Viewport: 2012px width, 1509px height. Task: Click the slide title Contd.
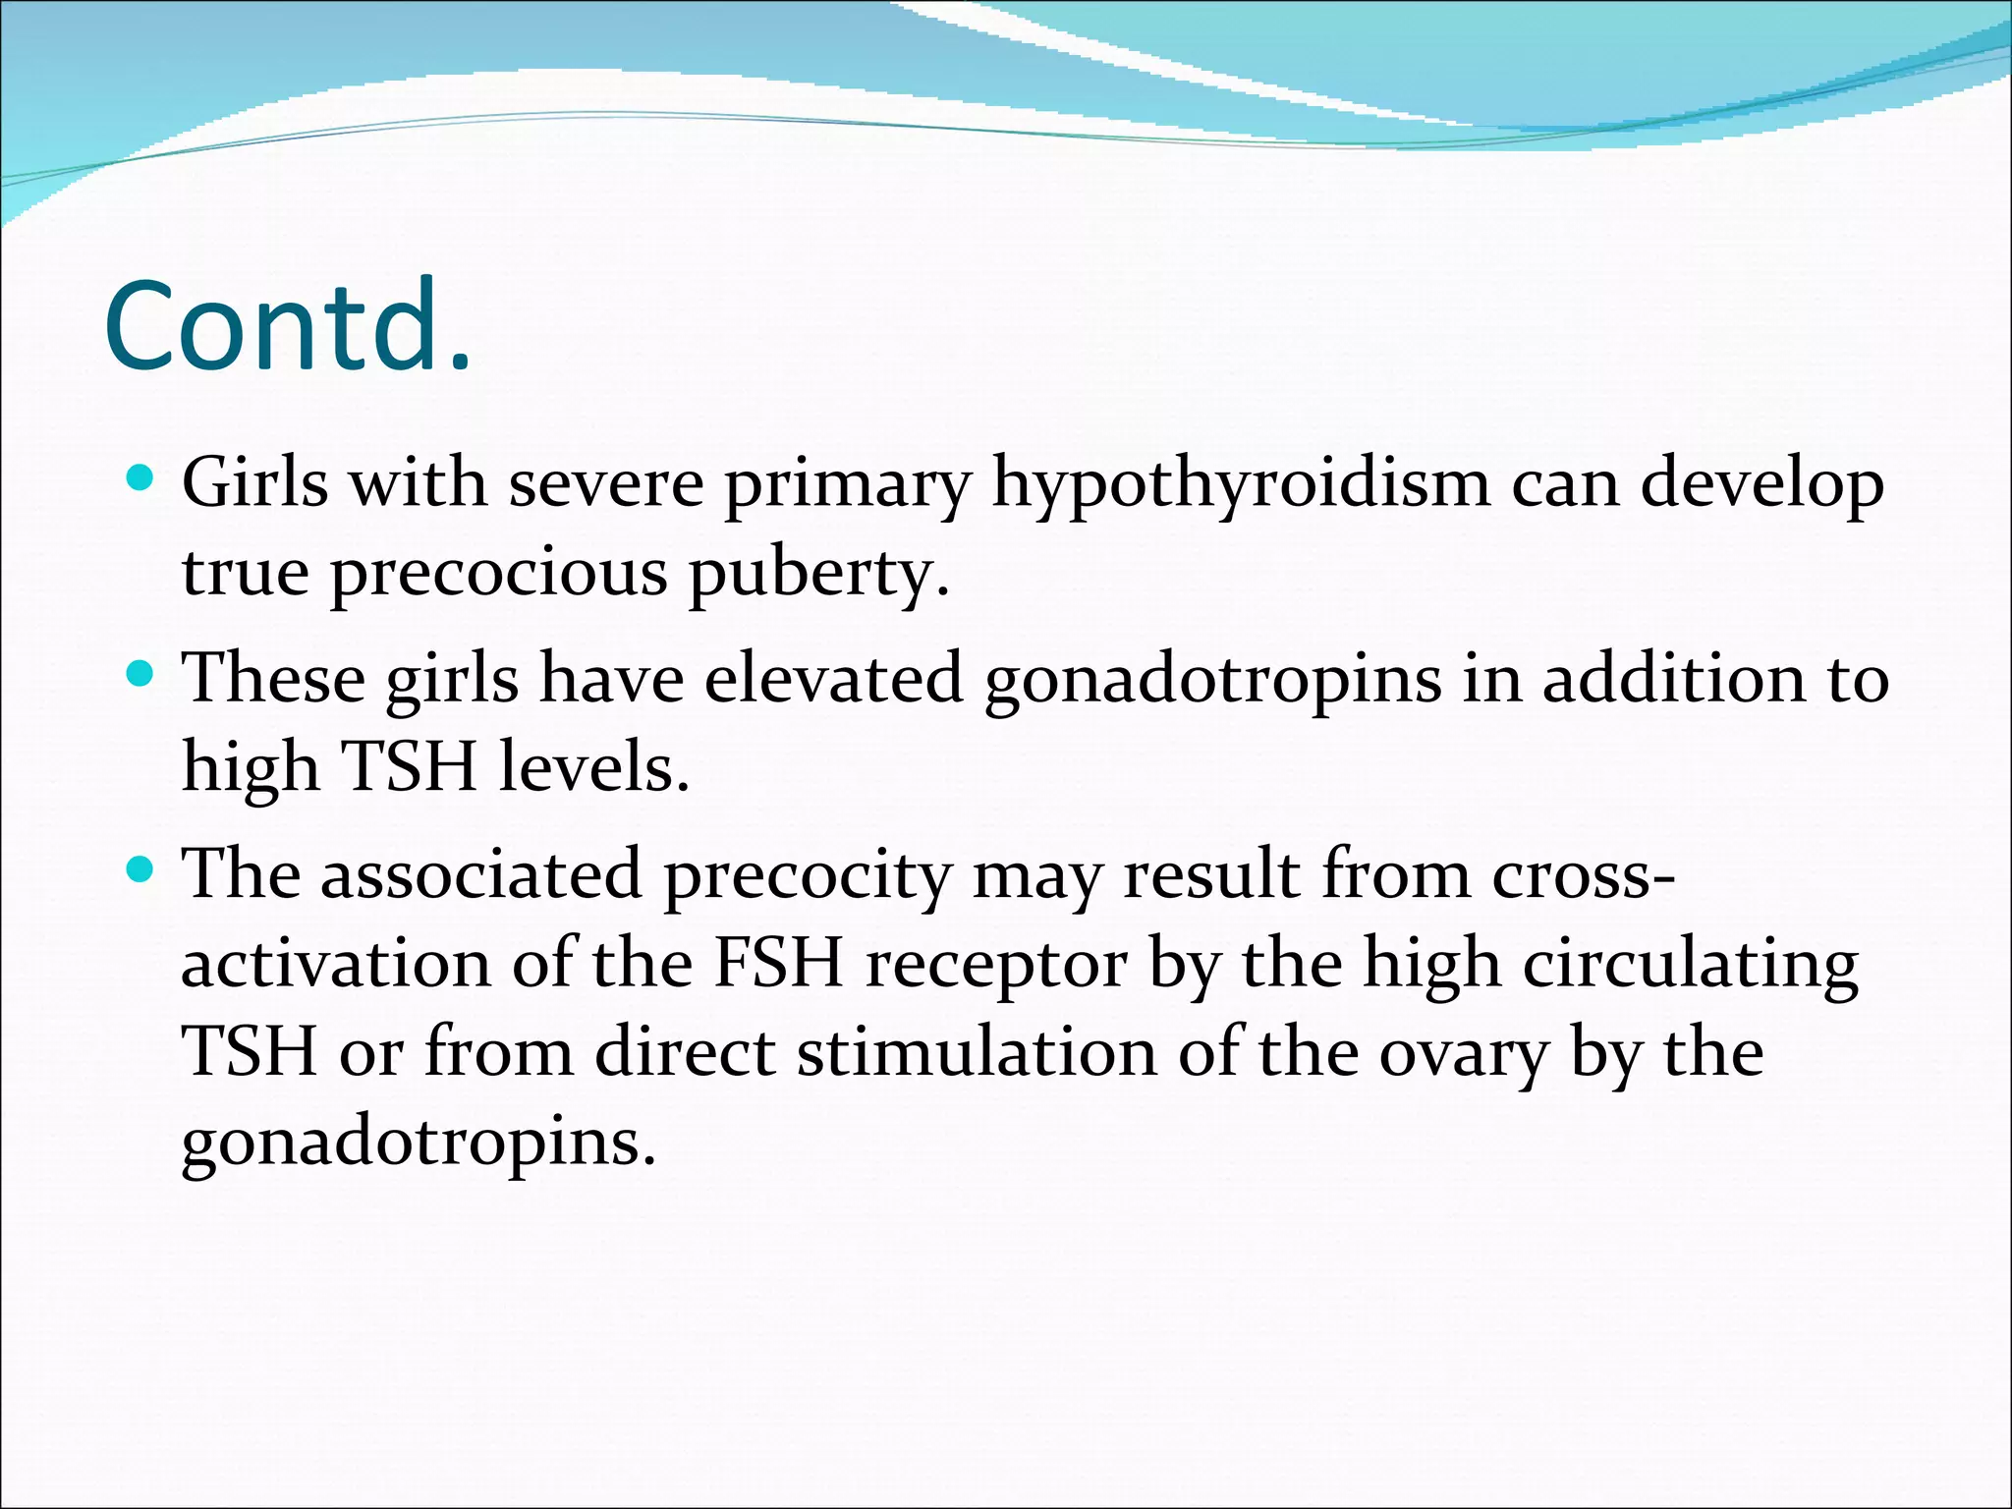[x=287, y=327]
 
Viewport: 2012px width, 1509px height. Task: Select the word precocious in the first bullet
[x=499, y=572]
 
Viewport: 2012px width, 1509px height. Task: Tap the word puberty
[x=818, y=574]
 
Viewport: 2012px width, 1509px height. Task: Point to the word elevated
[x=834, y=679]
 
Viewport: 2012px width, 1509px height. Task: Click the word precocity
[x=809, y=875]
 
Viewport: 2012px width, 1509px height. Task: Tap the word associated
[x=481, y=873]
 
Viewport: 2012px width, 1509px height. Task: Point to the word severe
[x=606, y=483]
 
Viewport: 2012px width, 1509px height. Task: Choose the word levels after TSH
[x=593, y=766]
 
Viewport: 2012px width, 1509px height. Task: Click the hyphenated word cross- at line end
[x=1584, y=873]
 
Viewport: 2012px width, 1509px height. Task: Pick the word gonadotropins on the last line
[x=419, y=1143]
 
